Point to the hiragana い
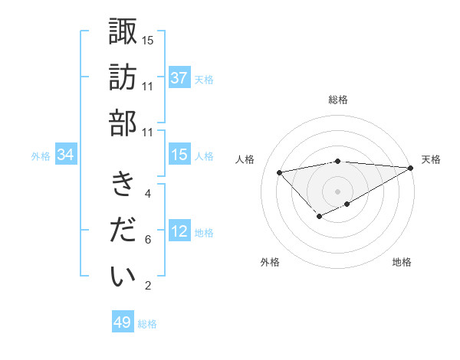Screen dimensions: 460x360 tap(123, 277)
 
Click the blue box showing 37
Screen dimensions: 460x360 tap(179, 78)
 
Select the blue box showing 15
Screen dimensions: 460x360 tap(179, 155)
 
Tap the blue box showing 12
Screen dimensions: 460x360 tap(179, 232)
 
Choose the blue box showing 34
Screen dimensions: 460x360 tap(66, 155)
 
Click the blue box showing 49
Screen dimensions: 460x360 tap(123, 322)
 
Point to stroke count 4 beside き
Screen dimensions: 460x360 tap(147, 194)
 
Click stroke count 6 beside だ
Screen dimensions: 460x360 tap(147, 240)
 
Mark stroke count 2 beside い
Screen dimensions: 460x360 tap(147, 286)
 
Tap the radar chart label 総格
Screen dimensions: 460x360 tap(338, 100)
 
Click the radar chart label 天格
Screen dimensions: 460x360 tap(432, 159)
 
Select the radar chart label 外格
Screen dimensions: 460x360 tap(269, 262)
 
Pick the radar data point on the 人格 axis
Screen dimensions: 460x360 tap(279, 172)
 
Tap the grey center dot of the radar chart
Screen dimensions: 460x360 tap(338, 191)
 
